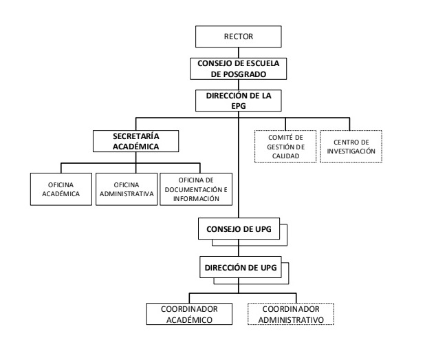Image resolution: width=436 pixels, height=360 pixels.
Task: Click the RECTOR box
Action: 239,36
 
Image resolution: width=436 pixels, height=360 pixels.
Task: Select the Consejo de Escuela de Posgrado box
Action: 239,69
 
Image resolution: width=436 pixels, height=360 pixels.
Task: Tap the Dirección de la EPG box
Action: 239,100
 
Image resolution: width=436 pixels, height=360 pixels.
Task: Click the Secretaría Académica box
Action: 135,141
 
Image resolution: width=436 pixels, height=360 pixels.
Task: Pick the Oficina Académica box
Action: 61,189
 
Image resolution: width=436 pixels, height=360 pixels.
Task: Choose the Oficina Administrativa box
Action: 127,189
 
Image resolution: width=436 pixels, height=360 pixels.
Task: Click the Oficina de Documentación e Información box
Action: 196,189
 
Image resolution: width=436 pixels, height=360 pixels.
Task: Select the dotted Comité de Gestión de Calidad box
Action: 285,147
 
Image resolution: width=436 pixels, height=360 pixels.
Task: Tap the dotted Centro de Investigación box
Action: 351,147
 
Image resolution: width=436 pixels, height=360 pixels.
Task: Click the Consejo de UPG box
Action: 239,229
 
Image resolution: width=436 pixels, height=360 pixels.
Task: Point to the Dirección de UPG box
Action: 241,267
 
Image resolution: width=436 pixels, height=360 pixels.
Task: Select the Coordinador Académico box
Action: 189,314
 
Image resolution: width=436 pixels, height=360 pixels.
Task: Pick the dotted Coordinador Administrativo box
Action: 291,314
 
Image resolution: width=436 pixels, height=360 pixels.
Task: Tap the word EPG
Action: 239,106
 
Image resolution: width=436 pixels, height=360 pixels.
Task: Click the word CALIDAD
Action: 285,156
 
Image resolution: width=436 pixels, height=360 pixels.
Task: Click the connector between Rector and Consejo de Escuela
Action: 239,52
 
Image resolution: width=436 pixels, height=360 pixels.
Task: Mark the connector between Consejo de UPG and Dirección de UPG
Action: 239,248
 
